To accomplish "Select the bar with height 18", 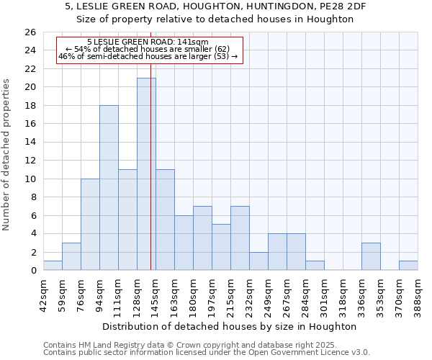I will (109, 188).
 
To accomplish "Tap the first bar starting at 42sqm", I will (53, 266).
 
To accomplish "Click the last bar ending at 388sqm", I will (408, 266).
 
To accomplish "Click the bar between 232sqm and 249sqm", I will (258, 261).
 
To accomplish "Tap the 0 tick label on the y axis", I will (32, 271).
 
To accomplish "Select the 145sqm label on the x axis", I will (156, 293).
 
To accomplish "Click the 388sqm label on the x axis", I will (418, 293).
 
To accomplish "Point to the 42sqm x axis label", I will (43, 293).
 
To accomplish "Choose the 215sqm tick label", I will (230, 293).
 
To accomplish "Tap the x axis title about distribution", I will (230, 326).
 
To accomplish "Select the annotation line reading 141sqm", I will (148, 42).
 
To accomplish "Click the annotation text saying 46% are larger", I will (148, 56).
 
